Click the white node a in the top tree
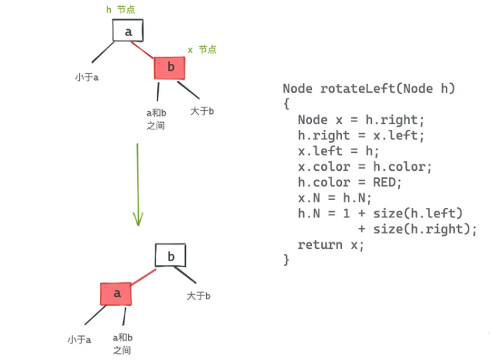(x=128, y=30)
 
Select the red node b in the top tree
(x=169, y=68)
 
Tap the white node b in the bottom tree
(x=171, y=255)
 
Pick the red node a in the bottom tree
(x=116, y=294)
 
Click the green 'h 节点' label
(x=121, y=10)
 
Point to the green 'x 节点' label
(x=202, y=50)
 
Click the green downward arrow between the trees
(x=138, y=185)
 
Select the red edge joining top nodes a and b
(x=143, y=50)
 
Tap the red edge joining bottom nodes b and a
(x=143, y=277)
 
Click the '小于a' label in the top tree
(x=87, y=77)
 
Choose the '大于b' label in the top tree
(x=202, y=111)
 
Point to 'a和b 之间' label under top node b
(x=156, y=119)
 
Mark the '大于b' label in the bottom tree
(x=199, y=295)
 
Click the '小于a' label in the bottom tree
(x=79, y=339)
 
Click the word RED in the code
(x=385, y=182)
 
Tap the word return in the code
(x=320, y=245)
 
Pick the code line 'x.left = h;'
(x=339, y=151)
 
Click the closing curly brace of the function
(x=286, y=260)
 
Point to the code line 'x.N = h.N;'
(x=335, y=198)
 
